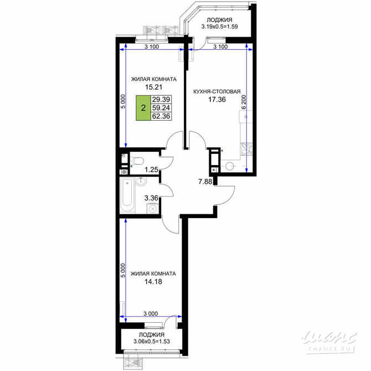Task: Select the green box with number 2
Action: (143, 109)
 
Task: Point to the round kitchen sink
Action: (230, 166)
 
